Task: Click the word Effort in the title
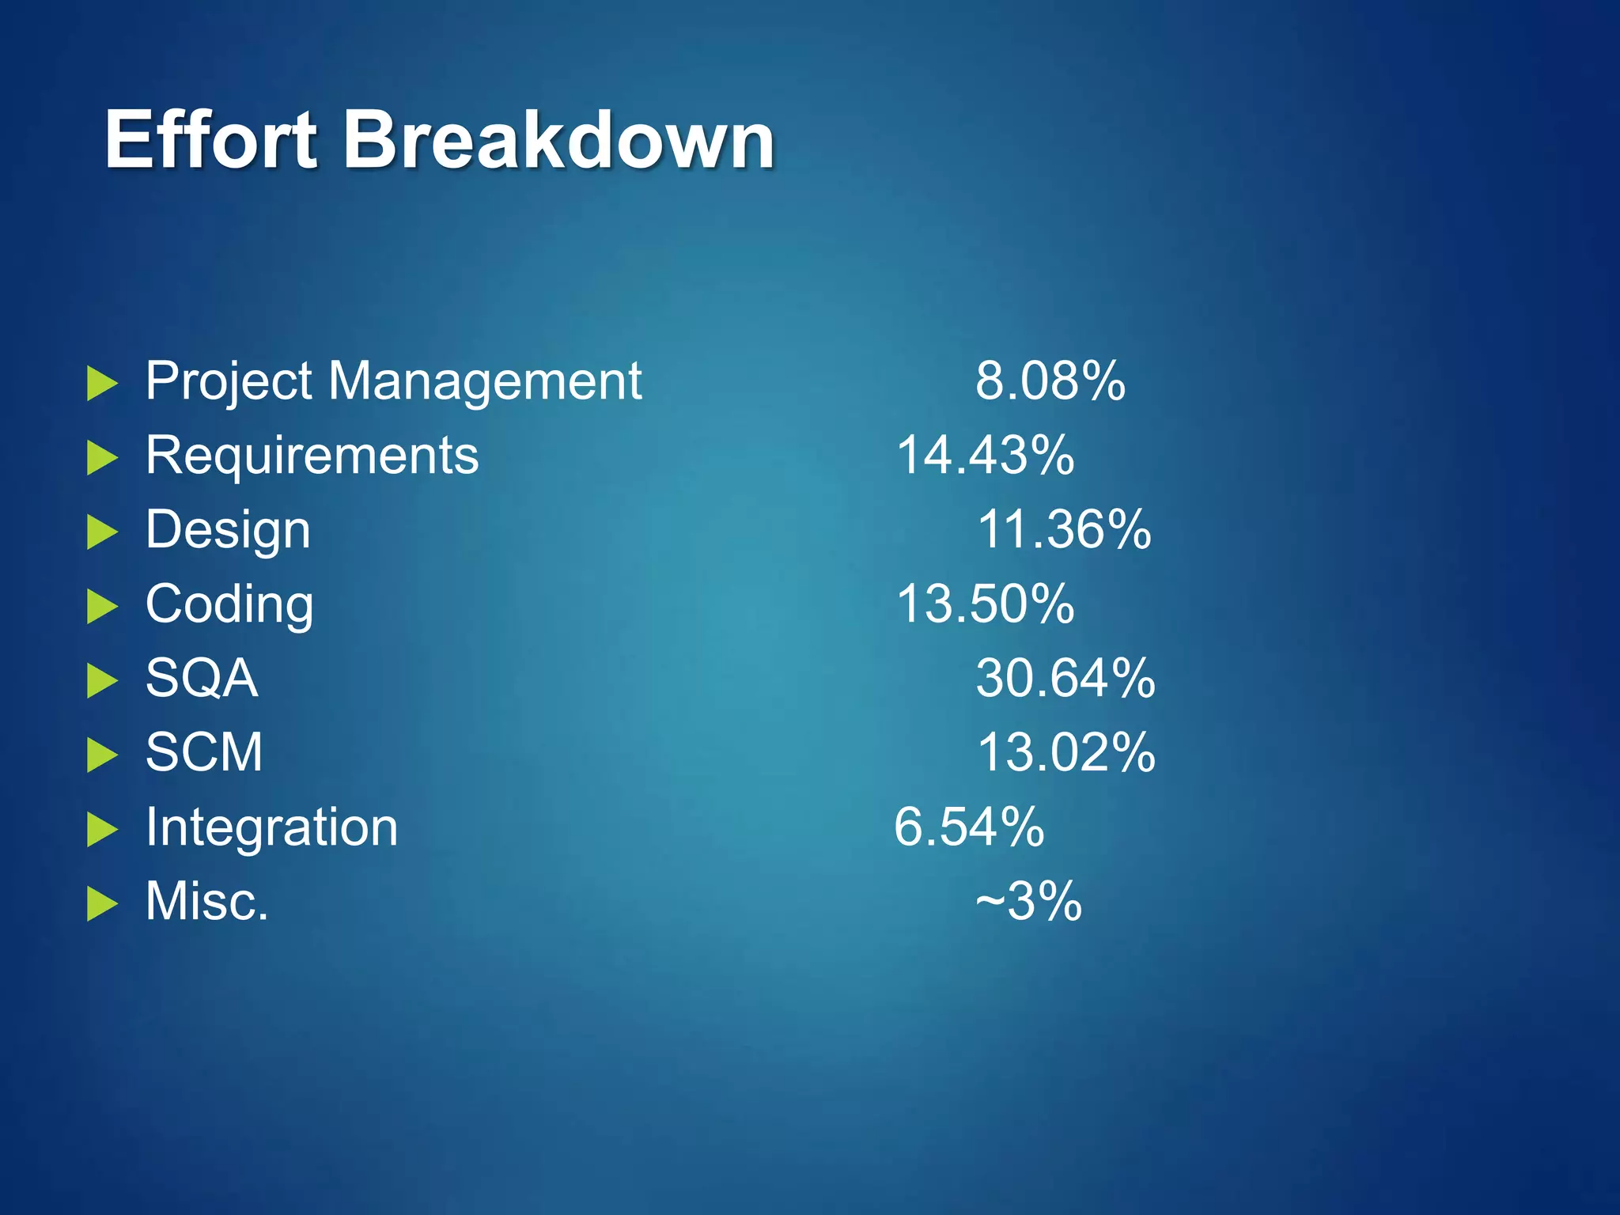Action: point(211,140)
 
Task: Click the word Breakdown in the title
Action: point(558,140)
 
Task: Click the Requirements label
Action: point(312,456)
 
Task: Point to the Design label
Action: point(228,531)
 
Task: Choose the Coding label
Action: point(229,605)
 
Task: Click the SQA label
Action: point(202,678)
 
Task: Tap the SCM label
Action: point(204,752)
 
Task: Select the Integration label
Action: point(271,827)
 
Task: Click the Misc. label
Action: point(207,901)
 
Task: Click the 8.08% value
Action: point(1050,381)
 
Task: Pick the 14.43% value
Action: point(985,456)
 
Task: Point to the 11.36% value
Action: point(1064,529)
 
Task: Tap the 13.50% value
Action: point(985,604)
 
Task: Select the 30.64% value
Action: point(1065,678)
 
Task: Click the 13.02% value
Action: point(1065,752)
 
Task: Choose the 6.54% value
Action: point(969,827)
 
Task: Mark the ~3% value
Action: point(1028,901)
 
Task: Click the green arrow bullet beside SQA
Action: point(101,680)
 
